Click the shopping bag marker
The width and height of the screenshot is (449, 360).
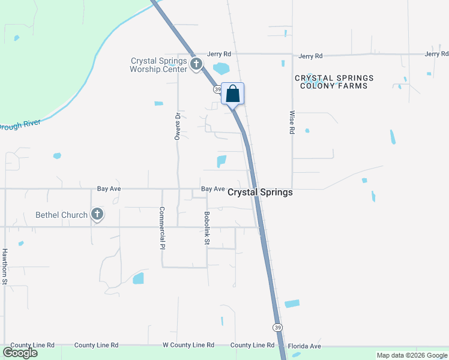click(233, 94)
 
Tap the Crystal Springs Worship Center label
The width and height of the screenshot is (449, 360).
click(159, 64)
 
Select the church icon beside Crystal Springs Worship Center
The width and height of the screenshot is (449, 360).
click(196, 64)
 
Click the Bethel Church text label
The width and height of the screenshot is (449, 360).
click(61, 215)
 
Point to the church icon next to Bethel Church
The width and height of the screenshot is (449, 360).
click(97, 215)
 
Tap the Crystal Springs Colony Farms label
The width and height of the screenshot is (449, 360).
click(334, 82)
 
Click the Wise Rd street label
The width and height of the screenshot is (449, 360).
click(292, 122)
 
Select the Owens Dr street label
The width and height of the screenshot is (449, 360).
click(178, 127)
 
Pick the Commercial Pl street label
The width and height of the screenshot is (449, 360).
click(162, 229)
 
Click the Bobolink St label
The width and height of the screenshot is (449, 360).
click(206, 228)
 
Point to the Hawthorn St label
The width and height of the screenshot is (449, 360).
click(5, 266)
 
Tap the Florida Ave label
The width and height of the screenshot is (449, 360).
click(304, 346)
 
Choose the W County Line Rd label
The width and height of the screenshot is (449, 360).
click(188, 346)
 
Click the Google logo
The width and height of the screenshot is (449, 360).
click(20, 353)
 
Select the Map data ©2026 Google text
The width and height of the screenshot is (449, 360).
click(411, 355)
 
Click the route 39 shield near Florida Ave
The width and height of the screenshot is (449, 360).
click(277, 328)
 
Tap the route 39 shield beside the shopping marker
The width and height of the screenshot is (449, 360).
click(217, 89)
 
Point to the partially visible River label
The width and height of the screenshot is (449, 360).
click(20, 125)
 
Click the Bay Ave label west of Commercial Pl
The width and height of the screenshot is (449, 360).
click(109, 188)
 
